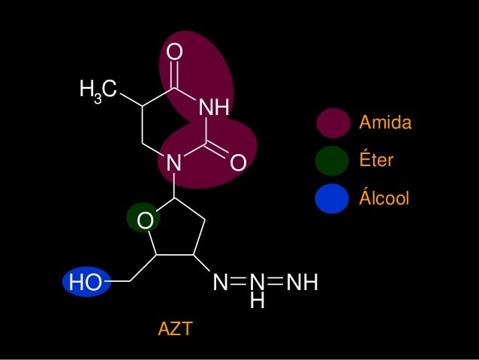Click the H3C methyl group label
pos(98,92)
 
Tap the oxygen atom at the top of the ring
pos(174,53)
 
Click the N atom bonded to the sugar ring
pos(174,162)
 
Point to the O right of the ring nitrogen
pos(238,162)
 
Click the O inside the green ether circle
pos(145,220)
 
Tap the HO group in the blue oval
pos(85,283)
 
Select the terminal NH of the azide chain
pos(303,283)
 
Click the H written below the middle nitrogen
pos(257,301)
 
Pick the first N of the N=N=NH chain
pos(220,283)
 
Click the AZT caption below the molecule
pos(175,328)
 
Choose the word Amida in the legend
pos(386,123)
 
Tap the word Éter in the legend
pos(377,161)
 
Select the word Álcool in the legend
pos(384,198)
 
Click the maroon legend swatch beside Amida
pos(333,123)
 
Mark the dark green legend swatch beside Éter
pos(333,161)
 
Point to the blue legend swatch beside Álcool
pos(333,198)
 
